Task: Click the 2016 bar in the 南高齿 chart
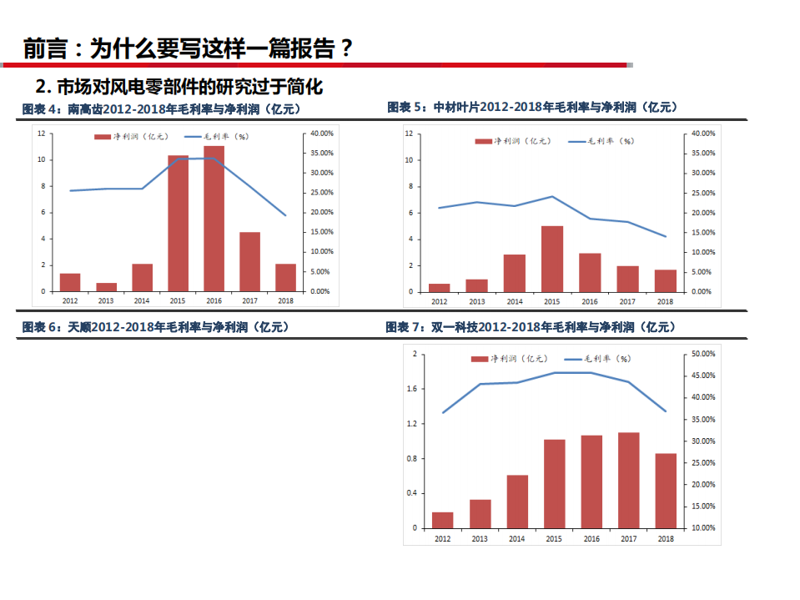click(x=214, y=219)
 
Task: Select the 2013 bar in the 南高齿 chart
click(x=106, y=287)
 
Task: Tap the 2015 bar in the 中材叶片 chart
click(x=551, y=259)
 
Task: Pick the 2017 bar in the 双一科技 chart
click(x=628, y=480)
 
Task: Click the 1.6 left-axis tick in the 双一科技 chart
click(x=411, y=389)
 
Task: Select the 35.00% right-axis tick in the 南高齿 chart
click(x=321, y=153)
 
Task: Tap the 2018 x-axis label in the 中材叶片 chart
click(x=665, y=301)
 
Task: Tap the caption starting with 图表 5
click(x=531, y=107)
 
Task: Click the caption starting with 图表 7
click(x=530, y=327)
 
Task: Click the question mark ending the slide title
click(x=345, y=48)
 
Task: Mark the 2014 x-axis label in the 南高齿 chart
click(x=142, y=300)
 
